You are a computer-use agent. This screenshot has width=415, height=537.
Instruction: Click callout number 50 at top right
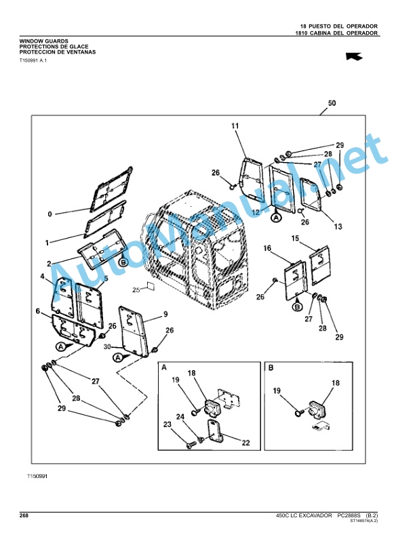[x=332, y=103]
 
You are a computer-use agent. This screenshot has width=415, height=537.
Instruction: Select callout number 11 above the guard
[x=235, y=125]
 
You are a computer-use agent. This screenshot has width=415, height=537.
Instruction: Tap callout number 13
[x=338, y=226]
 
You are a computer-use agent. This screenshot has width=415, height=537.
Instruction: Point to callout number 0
[x=50, y=214]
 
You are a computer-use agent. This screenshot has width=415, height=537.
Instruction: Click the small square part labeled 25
[x=150, y=286]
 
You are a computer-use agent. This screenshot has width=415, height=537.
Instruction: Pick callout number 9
[x=165, y=314]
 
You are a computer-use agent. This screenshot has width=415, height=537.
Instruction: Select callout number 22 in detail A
[x=246, y=443]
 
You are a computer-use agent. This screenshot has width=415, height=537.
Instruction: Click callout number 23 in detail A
[x=167, y=424]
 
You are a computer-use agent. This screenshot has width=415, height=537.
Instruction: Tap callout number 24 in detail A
[x=180, y=417]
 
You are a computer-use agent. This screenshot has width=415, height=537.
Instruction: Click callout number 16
[x=267, y=248]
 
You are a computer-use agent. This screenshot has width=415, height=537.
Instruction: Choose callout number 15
[x=295, y=238]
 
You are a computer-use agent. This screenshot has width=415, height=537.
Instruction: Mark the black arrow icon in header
[x=354, y=56]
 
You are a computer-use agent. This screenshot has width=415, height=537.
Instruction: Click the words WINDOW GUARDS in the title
[x=43, y=41]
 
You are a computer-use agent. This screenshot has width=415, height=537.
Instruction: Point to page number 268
[x=24, y=515]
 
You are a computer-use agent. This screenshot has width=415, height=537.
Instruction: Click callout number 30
[x=107, y=347]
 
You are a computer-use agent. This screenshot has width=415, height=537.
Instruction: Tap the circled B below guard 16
[x=298, y=307]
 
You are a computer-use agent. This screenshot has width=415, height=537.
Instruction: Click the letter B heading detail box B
[x=271, y=368]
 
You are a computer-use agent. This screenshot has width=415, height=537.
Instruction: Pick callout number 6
[x=38, y=311]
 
